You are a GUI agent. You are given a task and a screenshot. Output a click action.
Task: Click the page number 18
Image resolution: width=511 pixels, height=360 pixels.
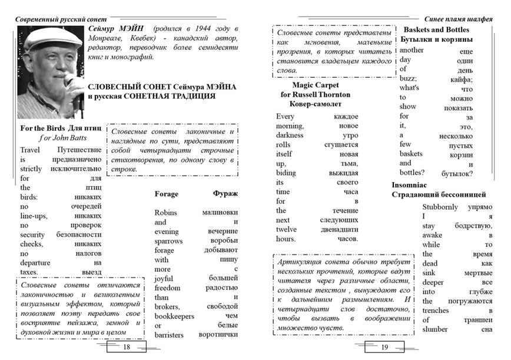pyautogui.click(x=126, y=348)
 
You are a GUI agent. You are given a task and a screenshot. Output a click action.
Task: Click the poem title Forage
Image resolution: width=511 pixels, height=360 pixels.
pyautogui.click(x=166, y=194)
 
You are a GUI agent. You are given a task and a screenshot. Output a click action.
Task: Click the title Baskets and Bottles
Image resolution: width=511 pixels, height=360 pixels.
pyautogui.click(x=436, y=29)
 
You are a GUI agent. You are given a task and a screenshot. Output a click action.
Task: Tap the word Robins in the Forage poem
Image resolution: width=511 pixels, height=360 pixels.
pyautogui.click(x=165, y=212)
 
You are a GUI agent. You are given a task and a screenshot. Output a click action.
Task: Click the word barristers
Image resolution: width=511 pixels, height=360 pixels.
pyautogui.click(x=170, y=335)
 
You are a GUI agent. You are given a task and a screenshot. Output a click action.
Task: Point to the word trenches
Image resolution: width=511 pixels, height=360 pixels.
pyautogui.click(x=436, y=311)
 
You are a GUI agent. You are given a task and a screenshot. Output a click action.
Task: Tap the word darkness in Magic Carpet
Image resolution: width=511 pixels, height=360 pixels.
pyautogui.click(x=291, y=135)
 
